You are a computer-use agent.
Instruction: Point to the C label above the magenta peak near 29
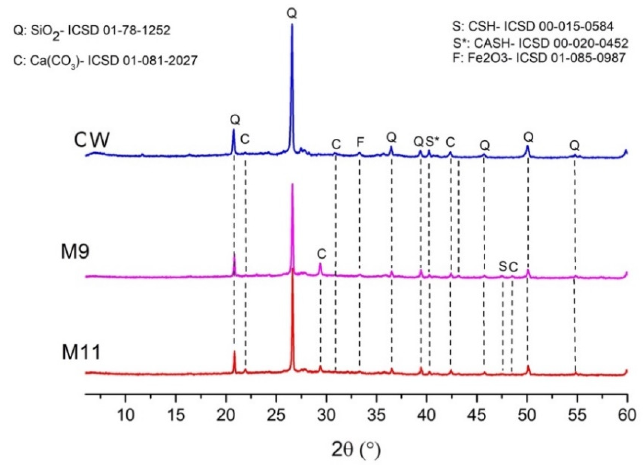coord(321,254)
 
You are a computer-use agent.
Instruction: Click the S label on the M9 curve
coord(502,267)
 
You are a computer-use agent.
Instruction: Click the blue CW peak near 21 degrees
coord(234,130)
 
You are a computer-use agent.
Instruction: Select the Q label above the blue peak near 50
coord(529,138)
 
